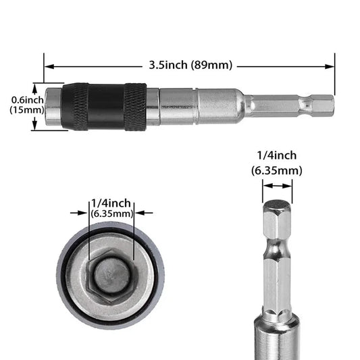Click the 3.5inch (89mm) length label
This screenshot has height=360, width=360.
coord(190,66)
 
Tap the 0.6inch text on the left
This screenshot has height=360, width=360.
coord(27,100)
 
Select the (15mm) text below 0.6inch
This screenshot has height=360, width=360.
coord(27,111)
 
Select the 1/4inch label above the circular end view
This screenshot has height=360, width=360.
coord(111,203)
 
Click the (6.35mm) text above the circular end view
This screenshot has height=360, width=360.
coord(111,213)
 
